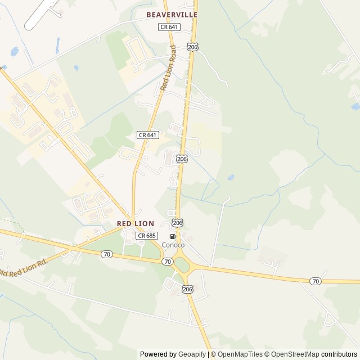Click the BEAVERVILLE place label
point(172,15)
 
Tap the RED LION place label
point(136,223)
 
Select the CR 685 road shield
point(146,236)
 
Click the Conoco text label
point(173,245)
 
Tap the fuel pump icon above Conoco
point(173,236)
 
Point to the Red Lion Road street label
point(168,68)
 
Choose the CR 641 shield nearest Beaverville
point(169,26)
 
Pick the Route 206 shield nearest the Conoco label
point(178,223)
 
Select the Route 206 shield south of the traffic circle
point(187,289)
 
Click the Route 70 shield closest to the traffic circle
point(167,262)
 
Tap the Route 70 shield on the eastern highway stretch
point(316,281)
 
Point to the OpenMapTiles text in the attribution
point(240,354)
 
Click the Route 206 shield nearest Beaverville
point(193,47)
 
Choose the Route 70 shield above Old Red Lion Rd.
point(107,254)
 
